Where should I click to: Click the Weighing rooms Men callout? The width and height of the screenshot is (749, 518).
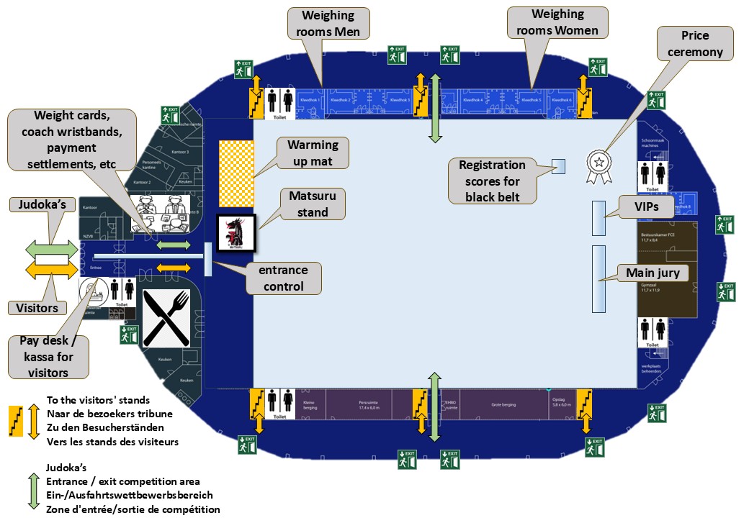328,23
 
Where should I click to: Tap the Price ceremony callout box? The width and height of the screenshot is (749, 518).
694,44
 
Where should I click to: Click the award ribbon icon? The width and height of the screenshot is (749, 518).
598,165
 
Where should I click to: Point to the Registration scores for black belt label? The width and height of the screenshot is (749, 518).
493,181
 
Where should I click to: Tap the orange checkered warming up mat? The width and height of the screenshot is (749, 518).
236,172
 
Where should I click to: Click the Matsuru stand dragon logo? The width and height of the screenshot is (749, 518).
236,233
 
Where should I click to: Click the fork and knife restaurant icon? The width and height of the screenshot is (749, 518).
166,317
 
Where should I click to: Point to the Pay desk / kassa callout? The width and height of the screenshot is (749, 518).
50,355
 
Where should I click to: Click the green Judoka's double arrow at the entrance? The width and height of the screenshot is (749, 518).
52,247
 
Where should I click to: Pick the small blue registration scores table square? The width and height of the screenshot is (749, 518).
558,166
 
